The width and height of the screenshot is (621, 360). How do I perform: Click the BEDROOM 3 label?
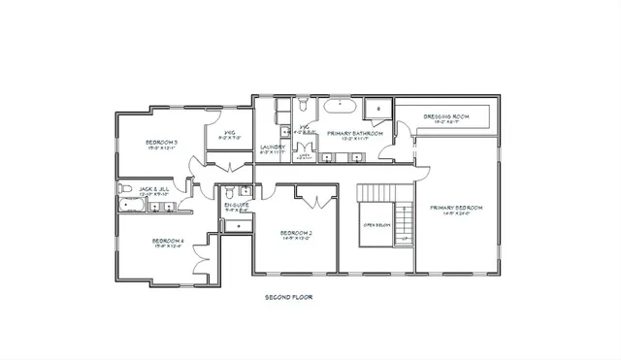click(161, 143)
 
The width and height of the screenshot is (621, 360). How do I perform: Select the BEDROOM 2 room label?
click(295, 233)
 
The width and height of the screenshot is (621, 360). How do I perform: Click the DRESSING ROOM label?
click(446, 117)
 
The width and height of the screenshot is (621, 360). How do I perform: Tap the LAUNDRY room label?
click(273, 147)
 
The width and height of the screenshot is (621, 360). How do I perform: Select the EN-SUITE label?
click(237, 205)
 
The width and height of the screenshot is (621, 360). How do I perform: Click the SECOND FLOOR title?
click(288, 297)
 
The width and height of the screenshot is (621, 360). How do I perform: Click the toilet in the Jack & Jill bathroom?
click(124, 187)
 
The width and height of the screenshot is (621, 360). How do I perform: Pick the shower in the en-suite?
click(238, 226)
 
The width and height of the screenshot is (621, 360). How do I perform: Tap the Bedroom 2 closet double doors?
click(311, 201)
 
